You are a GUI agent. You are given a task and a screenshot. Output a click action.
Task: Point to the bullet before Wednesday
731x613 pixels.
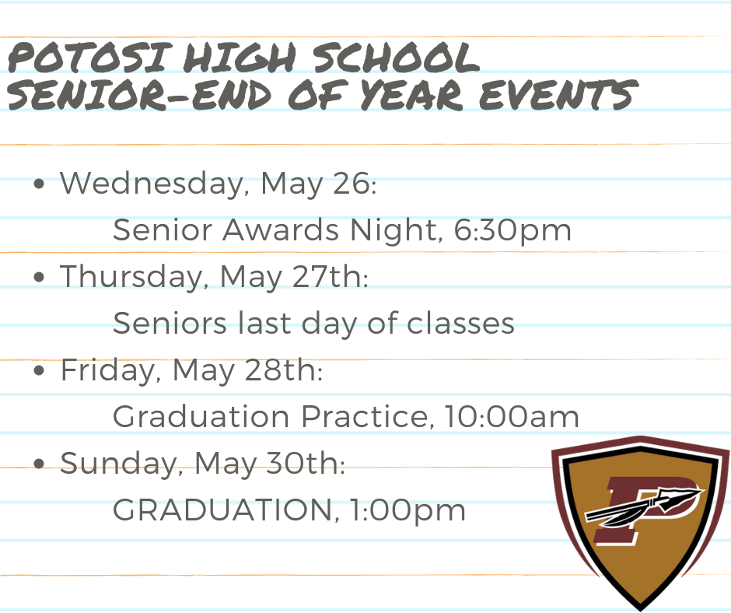[x=40, y=186]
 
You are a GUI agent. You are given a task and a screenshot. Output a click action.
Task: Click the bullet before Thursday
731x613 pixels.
[x=40, y=278]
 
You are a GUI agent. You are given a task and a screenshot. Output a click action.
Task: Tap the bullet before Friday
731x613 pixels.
[x=40, y=372]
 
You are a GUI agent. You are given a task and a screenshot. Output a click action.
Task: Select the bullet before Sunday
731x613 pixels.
[x=40, y=465]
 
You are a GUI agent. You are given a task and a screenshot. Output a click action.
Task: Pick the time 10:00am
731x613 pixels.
[x=512, y=417]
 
